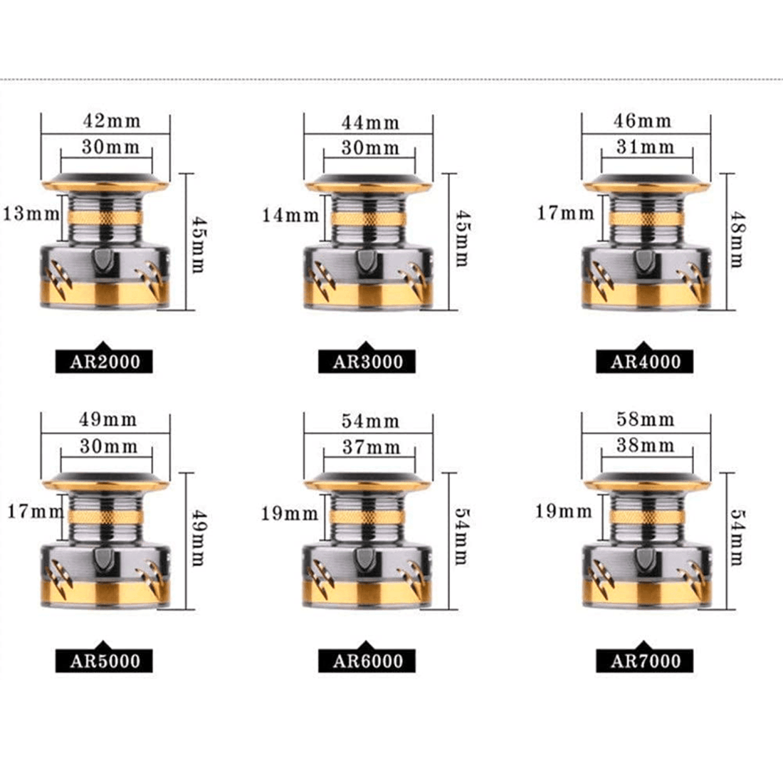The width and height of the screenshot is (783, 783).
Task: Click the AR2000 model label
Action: pos(104,361)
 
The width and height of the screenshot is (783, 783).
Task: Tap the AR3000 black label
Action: pos(367,361)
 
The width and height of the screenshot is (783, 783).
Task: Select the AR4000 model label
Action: pos(644,361)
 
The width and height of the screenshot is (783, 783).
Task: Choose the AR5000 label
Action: pos(104,660)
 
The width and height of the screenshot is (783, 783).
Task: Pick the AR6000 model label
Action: pos(367,660)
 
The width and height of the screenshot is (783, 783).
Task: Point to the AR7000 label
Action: pos(644,660)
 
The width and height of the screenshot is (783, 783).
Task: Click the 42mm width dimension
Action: pos(112,121)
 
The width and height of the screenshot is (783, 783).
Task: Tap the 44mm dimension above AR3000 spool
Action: pos(371,122)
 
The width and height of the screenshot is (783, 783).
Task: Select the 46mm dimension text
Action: pos(643,121)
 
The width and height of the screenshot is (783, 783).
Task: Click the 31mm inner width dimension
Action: pos(645,147)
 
